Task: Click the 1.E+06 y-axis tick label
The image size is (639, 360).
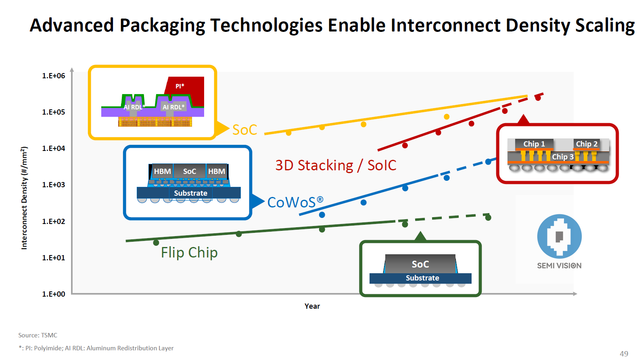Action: click(x=53, y=76)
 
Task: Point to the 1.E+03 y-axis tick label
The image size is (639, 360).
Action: click(x=53, y=185)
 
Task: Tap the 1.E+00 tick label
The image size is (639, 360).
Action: click(x=53, y=294)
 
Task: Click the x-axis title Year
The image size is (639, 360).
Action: click(x=312, y=306)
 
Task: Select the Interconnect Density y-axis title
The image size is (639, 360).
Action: click(x=24, y=198)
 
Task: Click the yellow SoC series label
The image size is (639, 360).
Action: click(x=244, y=130)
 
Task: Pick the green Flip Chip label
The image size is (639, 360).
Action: click(x=189, y=253)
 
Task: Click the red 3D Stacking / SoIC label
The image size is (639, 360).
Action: click(x=336, y=165)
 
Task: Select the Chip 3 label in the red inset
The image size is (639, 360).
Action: click(x=562, y=157)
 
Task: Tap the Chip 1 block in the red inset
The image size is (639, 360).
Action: click(x=534, y=144)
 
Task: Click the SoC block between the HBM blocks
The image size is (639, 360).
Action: click(x=190, y=172)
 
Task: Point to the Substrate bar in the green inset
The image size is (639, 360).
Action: click(x=422, y=278)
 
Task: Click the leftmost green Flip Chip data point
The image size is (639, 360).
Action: click(x=156, y=243)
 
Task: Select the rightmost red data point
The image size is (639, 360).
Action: click(x=538, y=98)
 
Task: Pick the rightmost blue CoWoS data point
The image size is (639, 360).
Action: click(x=488, y=161)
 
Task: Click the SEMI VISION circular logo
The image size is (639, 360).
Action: click(x=559, y=237)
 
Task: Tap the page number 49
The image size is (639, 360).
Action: click(x=624, y=354)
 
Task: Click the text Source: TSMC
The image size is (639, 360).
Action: click(x=38, y=335)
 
